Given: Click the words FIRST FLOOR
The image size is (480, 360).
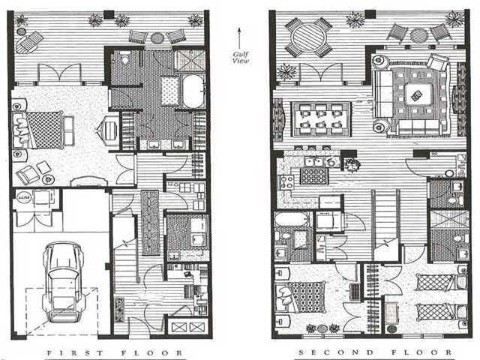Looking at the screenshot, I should coord(115,352).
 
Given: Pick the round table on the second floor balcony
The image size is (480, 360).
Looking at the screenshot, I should coord(308,37).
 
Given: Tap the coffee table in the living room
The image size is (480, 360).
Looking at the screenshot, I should coord(413,94).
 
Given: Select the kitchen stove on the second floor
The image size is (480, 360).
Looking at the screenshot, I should coord(286,181).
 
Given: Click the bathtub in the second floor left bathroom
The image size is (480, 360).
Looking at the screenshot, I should coord(288,220).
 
